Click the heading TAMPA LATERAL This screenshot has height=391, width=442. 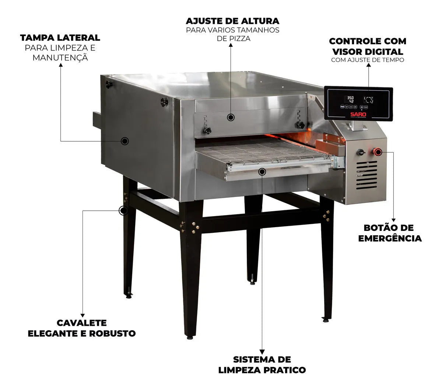[x=60, y=38]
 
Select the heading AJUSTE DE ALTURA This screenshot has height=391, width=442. [x=232, y=21]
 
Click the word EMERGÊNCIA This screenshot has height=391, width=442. [x=390, y=238]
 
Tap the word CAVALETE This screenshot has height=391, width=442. [x=81, y=323]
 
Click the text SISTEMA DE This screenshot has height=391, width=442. [x=262, y=359]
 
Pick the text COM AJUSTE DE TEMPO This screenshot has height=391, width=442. [x=367, y=60]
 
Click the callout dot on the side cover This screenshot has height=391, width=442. [x=125, y=141]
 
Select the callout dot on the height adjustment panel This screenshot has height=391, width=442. [x=231, y=117]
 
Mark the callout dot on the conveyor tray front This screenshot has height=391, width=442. [x=262, y=171]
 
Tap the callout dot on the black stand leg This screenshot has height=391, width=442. [x=123, y=211]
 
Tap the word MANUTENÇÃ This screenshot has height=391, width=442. [x=60, y=57]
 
